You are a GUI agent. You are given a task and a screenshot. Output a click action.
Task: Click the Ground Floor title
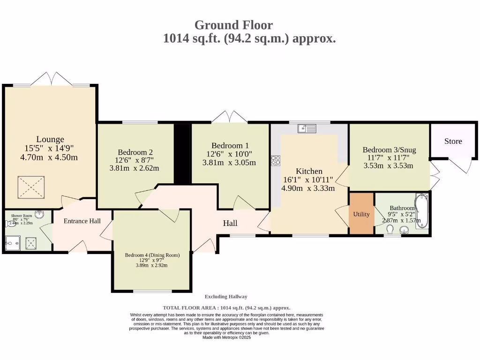(x=233, y=25)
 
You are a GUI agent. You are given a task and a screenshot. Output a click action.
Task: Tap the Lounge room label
(x=50, y=139)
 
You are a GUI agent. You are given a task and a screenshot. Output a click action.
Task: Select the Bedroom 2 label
(x=135, y=152)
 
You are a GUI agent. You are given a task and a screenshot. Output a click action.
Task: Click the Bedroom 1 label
(x=230, y=145)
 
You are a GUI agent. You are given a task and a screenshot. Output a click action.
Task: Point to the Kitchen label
(x=309, y=171)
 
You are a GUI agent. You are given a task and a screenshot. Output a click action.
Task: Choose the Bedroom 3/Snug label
(x=389, y=150)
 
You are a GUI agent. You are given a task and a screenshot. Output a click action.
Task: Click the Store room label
(x=453, y=141)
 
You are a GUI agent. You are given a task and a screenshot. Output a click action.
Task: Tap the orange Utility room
(x=361, y=214)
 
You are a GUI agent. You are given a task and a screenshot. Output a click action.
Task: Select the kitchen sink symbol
(x=309, y=128)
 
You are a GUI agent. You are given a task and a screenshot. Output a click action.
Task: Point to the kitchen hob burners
(x=275, y=160)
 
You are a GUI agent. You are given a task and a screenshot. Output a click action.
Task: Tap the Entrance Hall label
(x=82, y=221)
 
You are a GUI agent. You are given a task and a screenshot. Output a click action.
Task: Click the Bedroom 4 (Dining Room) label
(x=152, y=255)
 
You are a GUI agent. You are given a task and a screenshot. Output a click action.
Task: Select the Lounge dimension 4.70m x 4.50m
(x=49, y=157)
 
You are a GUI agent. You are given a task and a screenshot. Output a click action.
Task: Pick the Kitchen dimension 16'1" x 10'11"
(x=307, y=180)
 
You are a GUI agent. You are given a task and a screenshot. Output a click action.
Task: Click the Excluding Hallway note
(x=226, y=297)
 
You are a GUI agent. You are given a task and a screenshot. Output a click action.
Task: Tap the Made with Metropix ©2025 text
(x=226, y=337)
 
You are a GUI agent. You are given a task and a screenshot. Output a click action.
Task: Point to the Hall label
(x=230, y=224)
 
